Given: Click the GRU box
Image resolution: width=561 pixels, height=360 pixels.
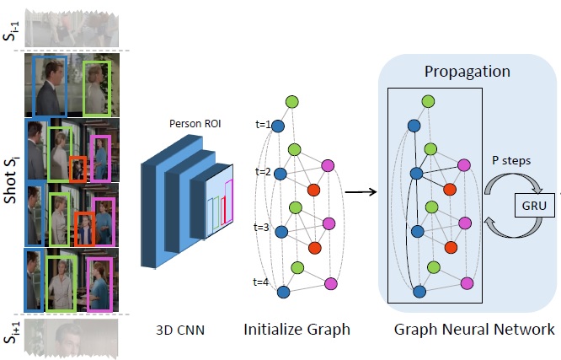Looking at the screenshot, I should (x=531, y=205).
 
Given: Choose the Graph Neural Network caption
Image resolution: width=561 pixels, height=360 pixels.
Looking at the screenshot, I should (x=474, y=329).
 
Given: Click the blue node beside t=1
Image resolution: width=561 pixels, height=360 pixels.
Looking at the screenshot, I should (x=277, y=126).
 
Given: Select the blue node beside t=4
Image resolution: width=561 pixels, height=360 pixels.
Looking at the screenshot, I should (x=284, y=291).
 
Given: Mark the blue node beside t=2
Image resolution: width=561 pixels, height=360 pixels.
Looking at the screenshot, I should (x=281, y=174).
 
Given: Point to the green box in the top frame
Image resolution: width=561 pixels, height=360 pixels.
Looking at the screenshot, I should (x=98, y=88).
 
